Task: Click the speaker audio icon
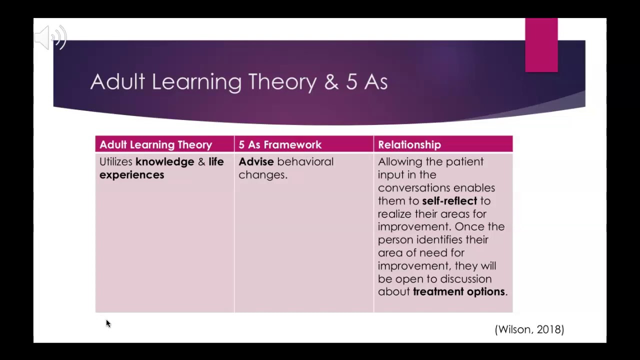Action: [50, 37]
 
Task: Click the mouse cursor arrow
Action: [108, 323]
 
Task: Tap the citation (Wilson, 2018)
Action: [529, 329]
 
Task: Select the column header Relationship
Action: [409, 144]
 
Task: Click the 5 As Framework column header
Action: [279, 144]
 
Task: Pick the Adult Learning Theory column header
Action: [155, 144]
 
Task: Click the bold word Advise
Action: [256, 161]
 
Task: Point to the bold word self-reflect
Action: [449, 200]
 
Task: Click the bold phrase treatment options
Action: [458, 291]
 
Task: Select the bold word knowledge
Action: [164, 161]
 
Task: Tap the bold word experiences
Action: [131, 174]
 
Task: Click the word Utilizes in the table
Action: [115, 161]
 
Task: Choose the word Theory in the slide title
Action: [282, 81]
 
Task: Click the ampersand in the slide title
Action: [331, 82]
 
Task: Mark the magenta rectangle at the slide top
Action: [541, 45]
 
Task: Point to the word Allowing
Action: [398, 161]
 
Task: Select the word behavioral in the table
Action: [305, 161]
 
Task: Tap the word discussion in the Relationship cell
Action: [463, 278]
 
